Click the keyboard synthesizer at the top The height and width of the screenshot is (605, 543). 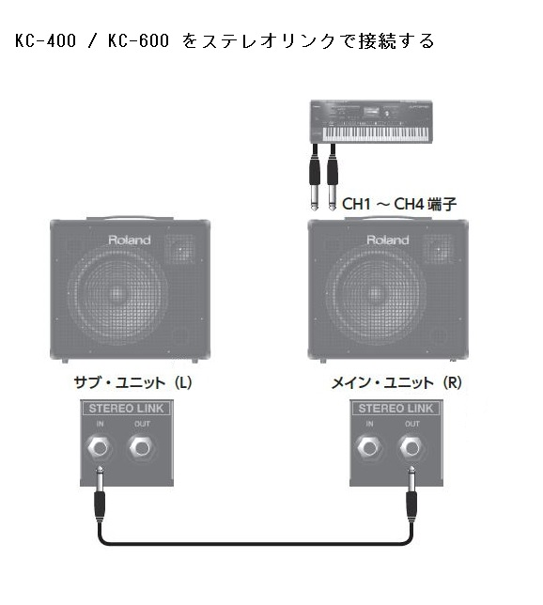pyautogui.click(x=371, y=122)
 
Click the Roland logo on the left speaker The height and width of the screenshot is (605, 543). pyautogui.click(x=130, y=240)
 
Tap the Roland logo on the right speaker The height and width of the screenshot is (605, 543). pyautogui.click(x=387, y=240)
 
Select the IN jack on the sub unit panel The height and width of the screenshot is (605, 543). pyautogui.click(x=100, y=448)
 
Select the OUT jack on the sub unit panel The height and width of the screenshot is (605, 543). pyautogui.click(x=141, y=448)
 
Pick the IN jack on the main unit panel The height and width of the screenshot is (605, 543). pyautogui.click(x=369, y=448)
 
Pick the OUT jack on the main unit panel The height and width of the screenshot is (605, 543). pyautogui.click(x=411, y=448)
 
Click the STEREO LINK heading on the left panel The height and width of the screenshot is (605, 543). pyautogui.click(x=126, y=409)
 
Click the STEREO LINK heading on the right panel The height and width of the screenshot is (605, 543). pyautogui.click(x=396, y=409)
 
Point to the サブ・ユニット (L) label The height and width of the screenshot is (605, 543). pyautogui.click(x=132, y=382)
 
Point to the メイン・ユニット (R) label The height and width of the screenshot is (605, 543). pyautogui.click(x=396, y=382)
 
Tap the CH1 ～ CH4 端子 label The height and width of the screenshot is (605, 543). pyautogui.click(x=399, y=204)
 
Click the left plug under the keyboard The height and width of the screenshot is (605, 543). pyautogui.click(x=315, y=178)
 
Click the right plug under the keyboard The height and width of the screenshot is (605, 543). pyautogui.click(x=333, y=178)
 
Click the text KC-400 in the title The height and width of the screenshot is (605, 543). pyautogui.click(x=45, y=41)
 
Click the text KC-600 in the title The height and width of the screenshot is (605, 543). pyautogui.click(x=138, y=41)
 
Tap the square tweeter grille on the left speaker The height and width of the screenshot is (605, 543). pyautogui.click(x=180, y=249)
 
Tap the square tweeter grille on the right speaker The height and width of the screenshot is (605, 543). pyautogui.click(x=438, y=249)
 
